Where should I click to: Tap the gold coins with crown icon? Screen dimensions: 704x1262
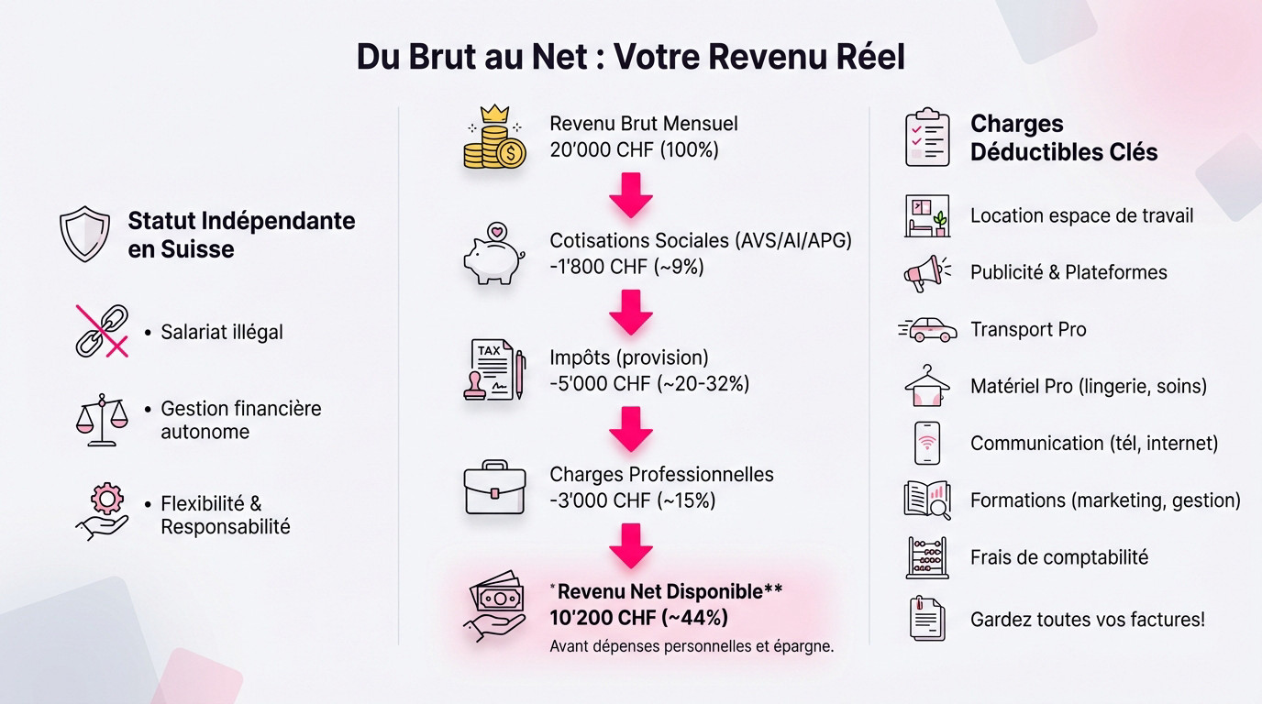click(494, 137)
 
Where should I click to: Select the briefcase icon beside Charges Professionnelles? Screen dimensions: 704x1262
click(494, 488)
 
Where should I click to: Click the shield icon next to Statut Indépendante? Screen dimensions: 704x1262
click(84, 234)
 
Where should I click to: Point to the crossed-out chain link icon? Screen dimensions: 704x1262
click(101, 331)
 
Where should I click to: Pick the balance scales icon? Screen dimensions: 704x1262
click(102, 420)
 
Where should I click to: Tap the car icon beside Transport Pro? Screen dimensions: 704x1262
click(927, 329)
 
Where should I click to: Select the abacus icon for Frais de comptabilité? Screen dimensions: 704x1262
click(926, 556)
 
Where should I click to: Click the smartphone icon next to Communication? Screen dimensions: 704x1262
click(927, 443)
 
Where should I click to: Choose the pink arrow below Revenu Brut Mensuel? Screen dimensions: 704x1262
click(631, 194)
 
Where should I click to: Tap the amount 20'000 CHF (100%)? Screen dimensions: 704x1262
click(634, 149)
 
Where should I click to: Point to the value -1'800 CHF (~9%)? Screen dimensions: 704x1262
click(626, 267)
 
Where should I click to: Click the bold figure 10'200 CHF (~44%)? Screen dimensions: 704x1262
click(639, 617)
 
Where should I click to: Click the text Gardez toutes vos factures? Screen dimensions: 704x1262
click(1087, 620)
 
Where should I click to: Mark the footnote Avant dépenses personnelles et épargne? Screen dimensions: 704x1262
click(692, 646)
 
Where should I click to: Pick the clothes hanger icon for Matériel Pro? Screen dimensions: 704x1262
click(926, 386)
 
